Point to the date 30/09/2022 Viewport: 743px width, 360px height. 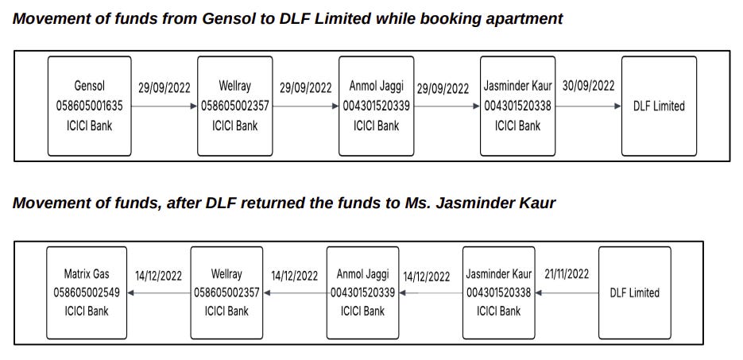click(588, 86)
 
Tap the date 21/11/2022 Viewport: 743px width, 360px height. click(567, 274)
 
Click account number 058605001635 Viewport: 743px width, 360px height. click(89, 106)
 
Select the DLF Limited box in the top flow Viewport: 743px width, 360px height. click(658, 106)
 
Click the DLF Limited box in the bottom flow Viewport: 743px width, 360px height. click(634, 292)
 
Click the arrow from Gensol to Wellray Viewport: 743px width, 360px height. click(164, 106)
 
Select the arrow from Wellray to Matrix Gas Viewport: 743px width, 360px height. click(159, 292)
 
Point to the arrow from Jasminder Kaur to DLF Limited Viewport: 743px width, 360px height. click(588, 106)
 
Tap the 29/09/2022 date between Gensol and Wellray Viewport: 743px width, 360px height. click(164, 88)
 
